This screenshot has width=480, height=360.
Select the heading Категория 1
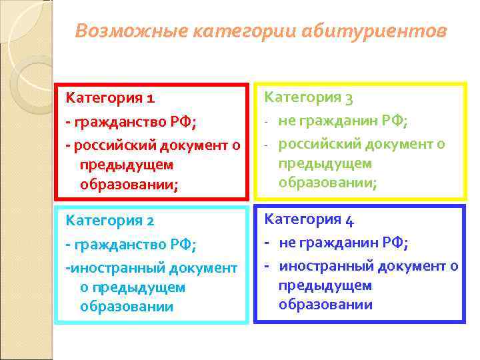pos(110,98)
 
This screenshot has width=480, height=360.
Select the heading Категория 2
pos(110,221)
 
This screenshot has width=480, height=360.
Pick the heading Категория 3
pos(309,98)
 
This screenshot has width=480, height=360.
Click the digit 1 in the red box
pos(151,99)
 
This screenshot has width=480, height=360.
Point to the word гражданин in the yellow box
pos(340,121)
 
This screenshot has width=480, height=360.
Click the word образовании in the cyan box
pos(127,307)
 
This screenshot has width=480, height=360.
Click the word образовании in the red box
pos(127,184)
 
